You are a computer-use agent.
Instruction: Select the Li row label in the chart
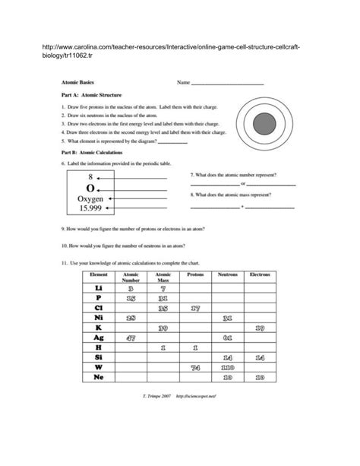[x=98, y=288]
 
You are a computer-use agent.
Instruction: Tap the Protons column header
[x=195, y=274]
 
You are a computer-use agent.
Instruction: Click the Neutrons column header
[x=228, y=274]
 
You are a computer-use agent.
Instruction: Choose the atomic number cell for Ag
[x=131, y=338]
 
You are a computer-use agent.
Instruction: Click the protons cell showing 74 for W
[x=195, y=367]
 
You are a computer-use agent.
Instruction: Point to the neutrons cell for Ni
[x=228, y=318]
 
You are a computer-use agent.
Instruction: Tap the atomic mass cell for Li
[x=163, y=288]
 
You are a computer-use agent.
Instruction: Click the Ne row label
[x=98, y=377]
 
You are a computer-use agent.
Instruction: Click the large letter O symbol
[x=90, y=187]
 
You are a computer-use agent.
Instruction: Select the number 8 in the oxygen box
[x=90, y=176]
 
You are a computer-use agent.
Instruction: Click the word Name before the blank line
[x=183, y=82]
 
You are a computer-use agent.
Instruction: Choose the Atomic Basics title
[x=77, y=82]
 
